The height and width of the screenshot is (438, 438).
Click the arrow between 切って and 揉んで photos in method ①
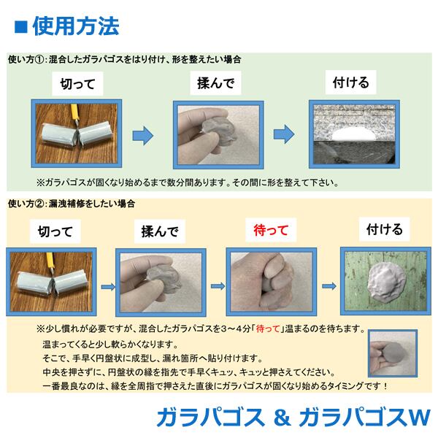coord(143,134)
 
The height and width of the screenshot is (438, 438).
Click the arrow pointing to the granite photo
coord(283,134)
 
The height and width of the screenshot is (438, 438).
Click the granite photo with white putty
coord(352,134)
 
